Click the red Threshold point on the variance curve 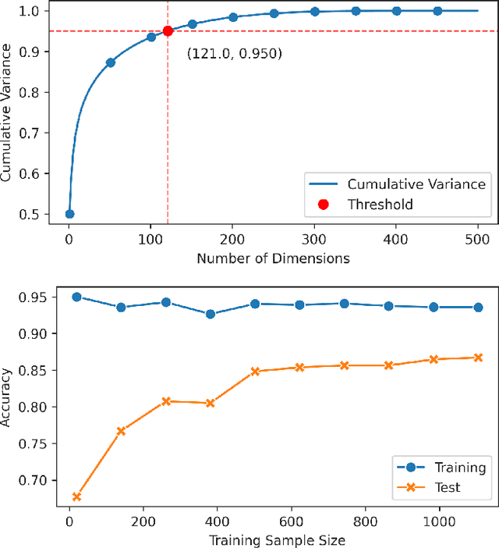168,31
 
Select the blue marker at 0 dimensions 69,214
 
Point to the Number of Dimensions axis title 273,258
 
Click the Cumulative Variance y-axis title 7,112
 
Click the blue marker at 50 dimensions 110,62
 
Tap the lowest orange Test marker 76,496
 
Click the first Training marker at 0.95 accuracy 76,297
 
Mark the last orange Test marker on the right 477,358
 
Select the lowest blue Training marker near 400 210,314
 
